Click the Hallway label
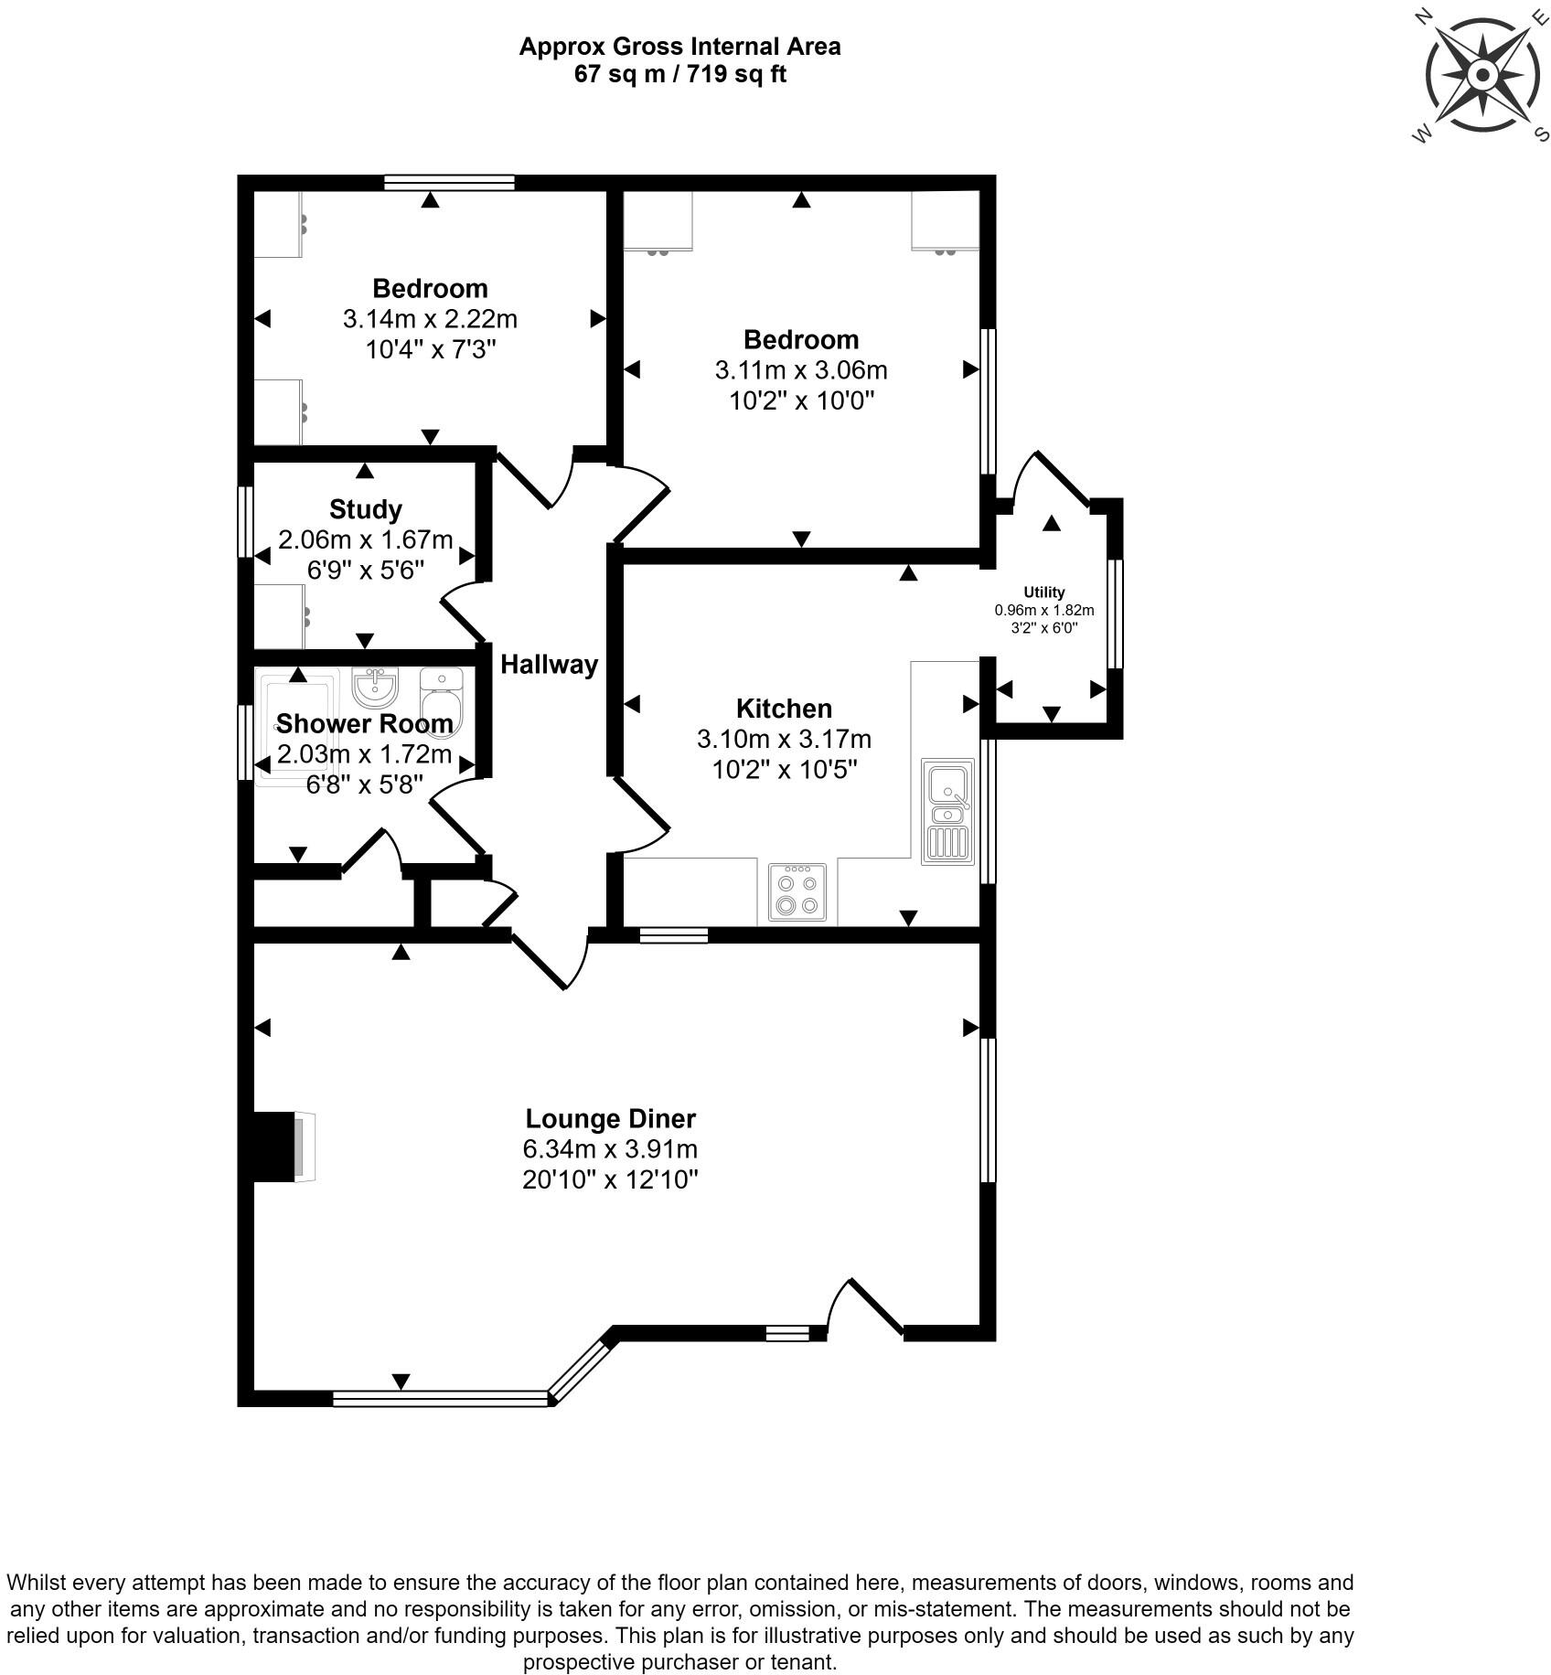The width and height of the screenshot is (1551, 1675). [549, 665]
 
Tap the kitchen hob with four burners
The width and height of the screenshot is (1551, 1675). [797, 892]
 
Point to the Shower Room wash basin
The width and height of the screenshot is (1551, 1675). [374, 688]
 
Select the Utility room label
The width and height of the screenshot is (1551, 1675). [1043, 592]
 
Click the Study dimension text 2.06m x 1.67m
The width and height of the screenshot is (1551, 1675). [365, 540]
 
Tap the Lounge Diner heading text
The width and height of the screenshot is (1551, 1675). [610, 1119]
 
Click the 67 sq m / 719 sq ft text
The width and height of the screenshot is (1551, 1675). [679, 74]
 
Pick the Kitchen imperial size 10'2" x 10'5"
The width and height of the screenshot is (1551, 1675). [784, 769]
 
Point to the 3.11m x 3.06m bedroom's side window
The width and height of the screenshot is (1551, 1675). [989, 401]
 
